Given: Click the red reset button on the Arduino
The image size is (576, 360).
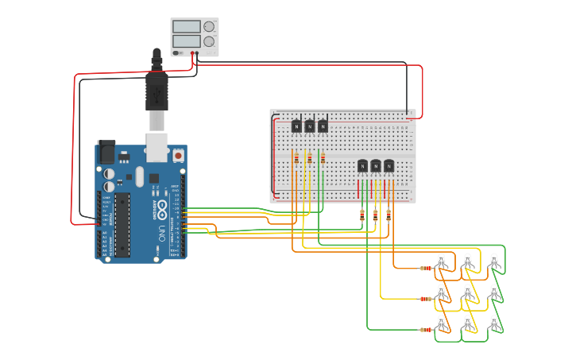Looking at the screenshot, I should (178, 156).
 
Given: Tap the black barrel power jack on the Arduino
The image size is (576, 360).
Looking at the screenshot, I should (106, 153).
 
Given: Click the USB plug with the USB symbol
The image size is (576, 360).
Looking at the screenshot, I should (157, 93).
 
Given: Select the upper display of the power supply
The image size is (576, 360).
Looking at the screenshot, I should (187, 27).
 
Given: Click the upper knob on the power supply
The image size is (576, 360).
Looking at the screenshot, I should (209, 26).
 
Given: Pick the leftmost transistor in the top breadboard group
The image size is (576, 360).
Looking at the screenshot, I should (296, 126).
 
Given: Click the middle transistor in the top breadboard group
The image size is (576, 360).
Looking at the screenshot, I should (309, 126).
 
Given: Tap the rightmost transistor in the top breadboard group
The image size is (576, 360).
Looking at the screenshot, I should (323, 126).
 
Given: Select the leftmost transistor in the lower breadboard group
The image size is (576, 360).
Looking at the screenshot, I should (362, 165).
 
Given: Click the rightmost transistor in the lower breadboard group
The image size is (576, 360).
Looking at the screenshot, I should (389, 165).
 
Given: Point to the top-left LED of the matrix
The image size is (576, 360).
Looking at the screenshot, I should (443, 261).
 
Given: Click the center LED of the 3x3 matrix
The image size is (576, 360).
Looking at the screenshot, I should (468, 292).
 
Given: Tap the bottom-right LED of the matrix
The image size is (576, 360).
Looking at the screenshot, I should (494, 323).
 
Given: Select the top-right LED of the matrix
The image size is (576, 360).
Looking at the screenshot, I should (494, 261).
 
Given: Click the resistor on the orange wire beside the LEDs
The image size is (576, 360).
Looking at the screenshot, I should (426, 268).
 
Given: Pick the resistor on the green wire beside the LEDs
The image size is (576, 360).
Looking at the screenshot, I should (426, 329).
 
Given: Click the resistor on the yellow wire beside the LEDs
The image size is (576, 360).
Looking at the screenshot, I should (426, 299).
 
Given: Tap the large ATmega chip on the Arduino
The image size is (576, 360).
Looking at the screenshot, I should (122, 225).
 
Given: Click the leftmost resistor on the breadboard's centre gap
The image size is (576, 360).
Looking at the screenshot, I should (296, 159).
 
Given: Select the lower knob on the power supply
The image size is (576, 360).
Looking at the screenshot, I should (209, 41).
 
